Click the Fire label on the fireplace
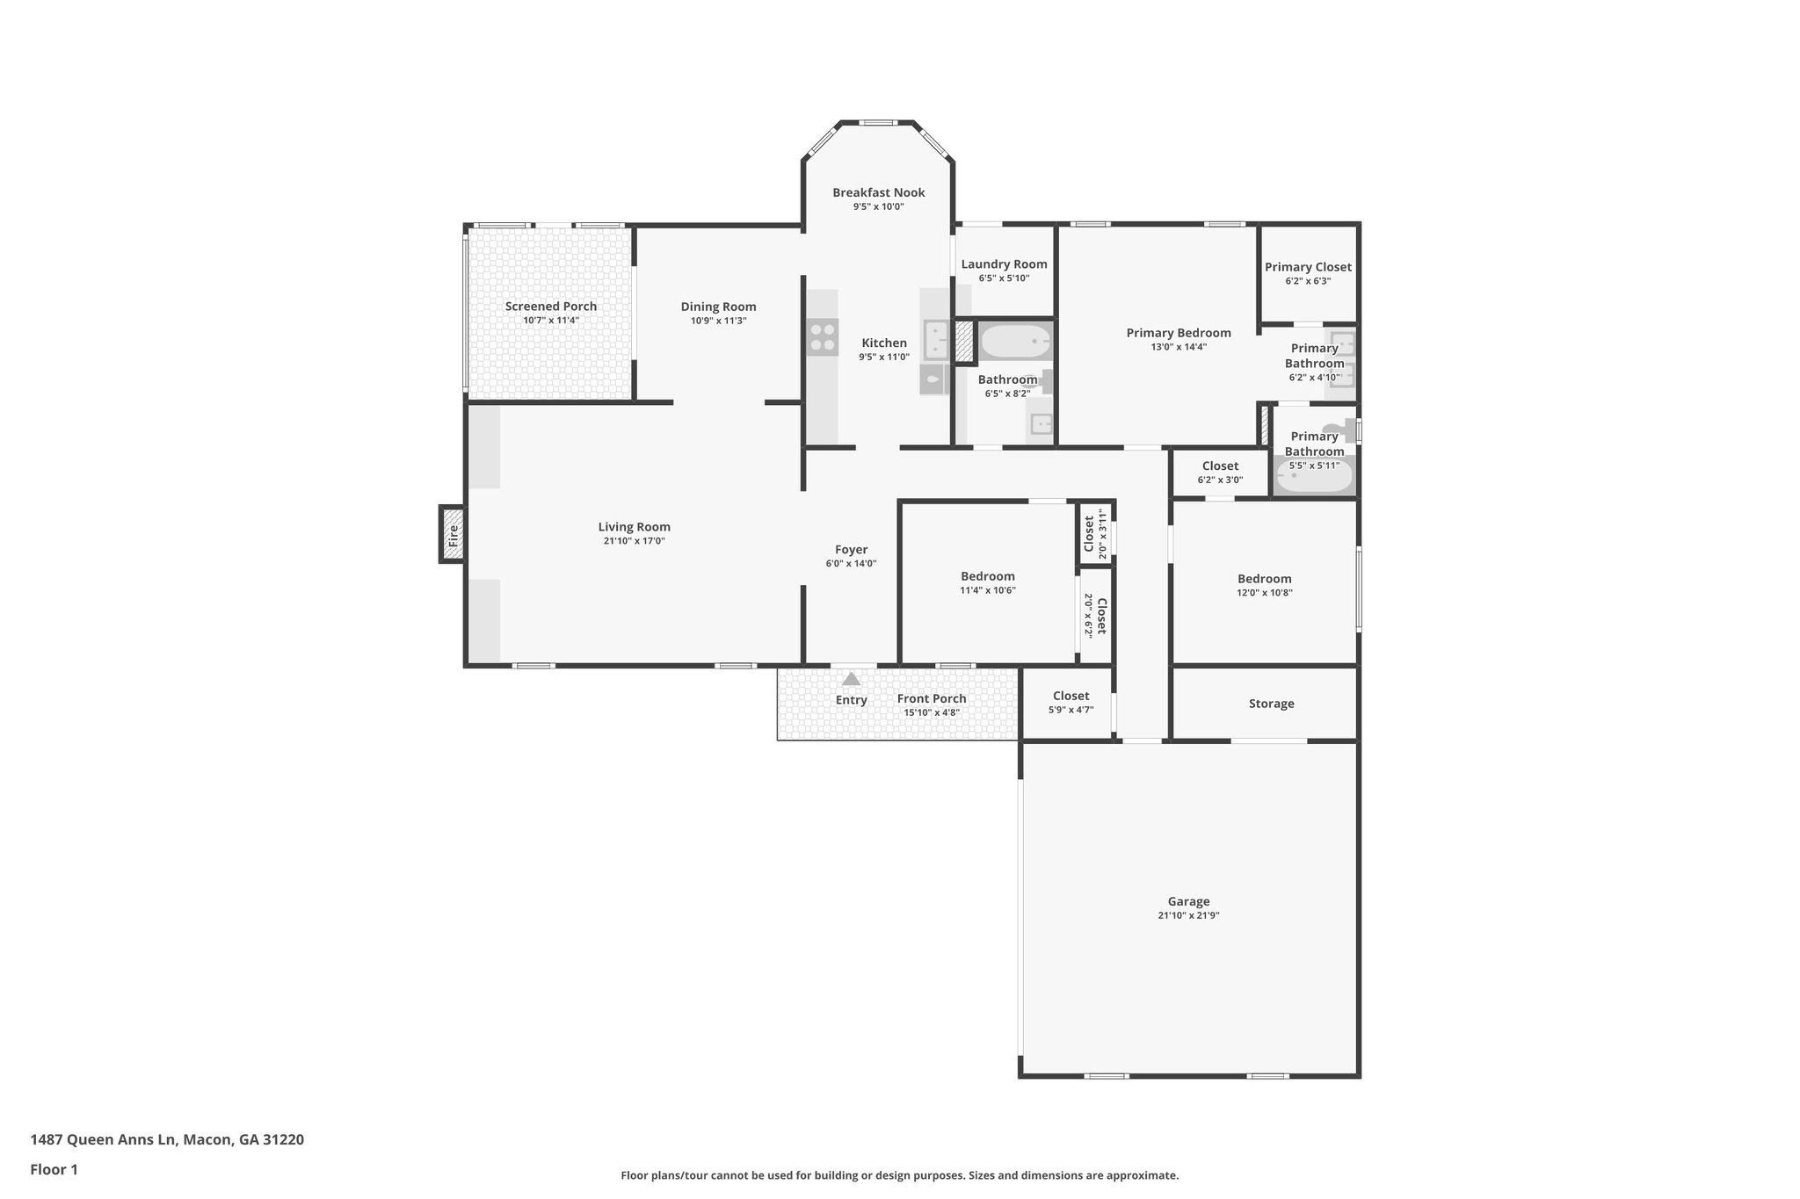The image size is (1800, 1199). coord(454,535)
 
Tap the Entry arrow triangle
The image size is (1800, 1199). coord(851,679)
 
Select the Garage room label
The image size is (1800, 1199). coord(1188,901)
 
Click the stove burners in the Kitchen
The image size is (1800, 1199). coord(822,337)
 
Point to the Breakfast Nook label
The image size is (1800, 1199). coord(878,193)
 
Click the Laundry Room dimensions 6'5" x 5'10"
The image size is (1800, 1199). coord(1004,278)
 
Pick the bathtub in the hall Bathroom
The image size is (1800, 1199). coord(1013,341)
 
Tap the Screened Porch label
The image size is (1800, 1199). coord(550,307)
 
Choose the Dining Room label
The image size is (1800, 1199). coord(718,307)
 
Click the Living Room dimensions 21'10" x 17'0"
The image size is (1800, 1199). coord(634,541)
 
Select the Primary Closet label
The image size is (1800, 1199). coord(1308,267)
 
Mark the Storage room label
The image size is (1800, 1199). coord(1271,704)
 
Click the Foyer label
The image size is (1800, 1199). coord(851,550)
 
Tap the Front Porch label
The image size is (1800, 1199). coord(932,699)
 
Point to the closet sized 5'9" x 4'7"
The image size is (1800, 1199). coord(1071,702)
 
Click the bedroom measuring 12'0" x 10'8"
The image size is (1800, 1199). coord(1264,585)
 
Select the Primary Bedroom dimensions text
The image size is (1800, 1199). coord(1179,347)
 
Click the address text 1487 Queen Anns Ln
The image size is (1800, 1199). coord(167,1140)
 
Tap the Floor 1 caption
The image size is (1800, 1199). coord(54,1169)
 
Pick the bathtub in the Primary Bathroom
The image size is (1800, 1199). coord(1314,479)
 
